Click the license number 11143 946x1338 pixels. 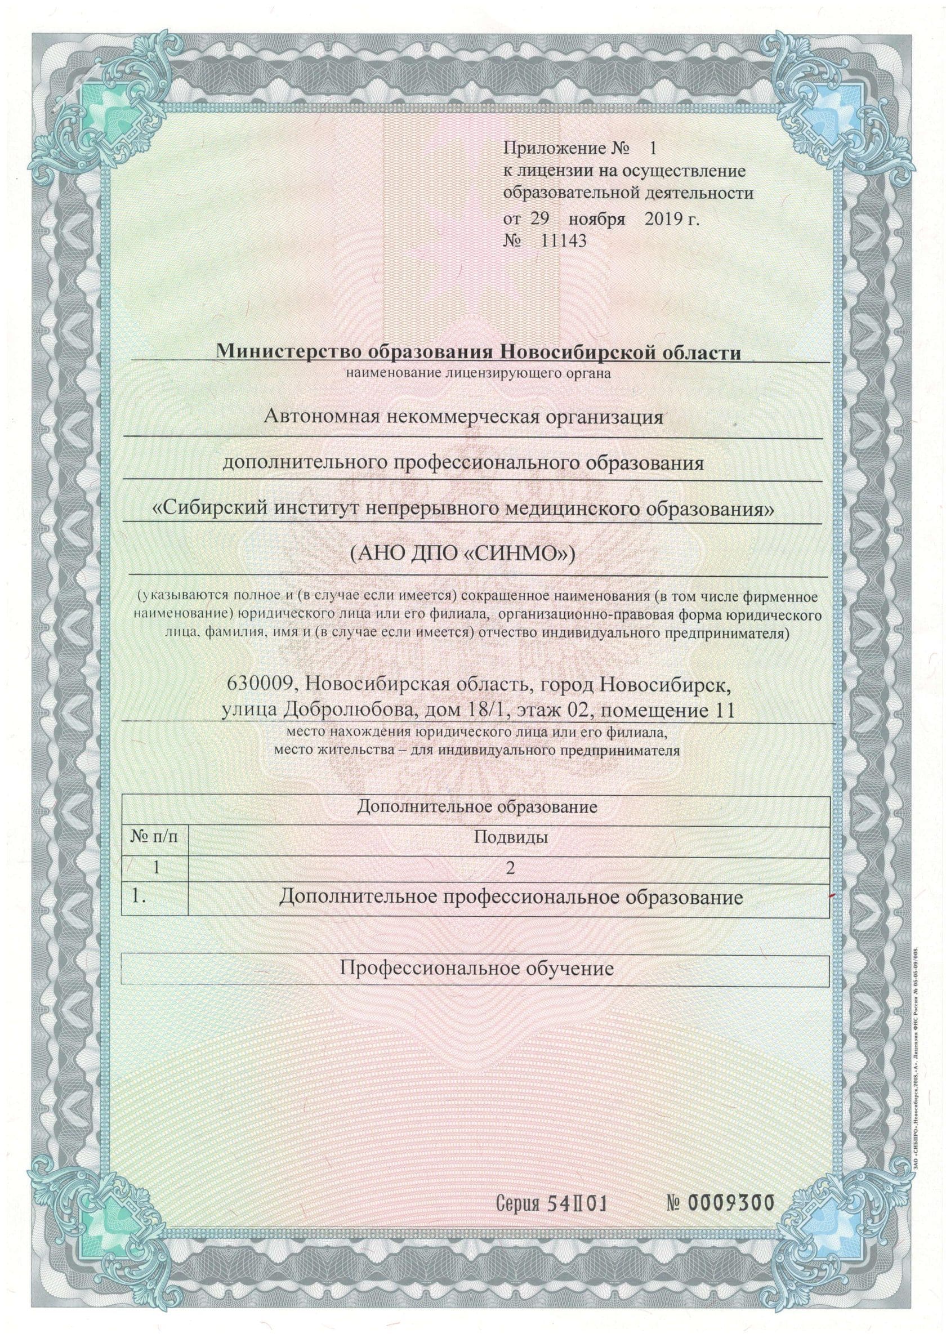coord(564,240)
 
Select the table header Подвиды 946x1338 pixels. coord(510,838)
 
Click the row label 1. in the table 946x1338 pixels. coord(138,897)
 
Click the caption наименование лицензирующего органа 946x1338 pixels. coord(478,373)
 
